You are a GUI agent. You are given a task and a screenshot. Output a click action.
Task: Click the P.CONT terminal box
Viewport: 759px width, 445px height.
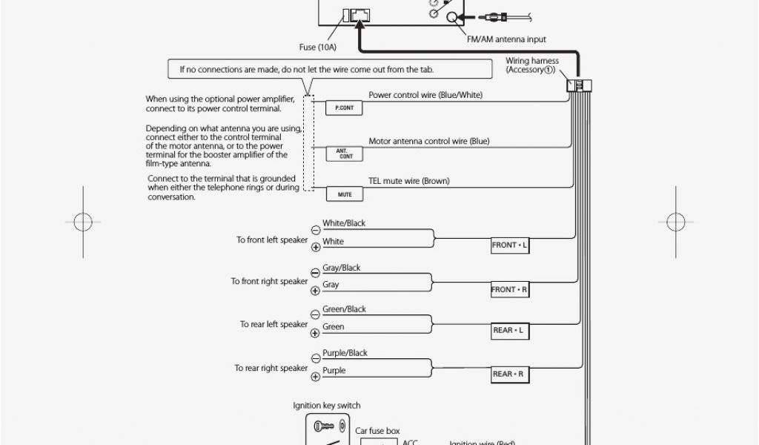(344, 108)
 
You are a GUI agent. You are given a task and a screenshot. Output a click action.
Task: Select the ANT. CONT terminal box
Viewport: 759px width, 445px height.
(344, 154)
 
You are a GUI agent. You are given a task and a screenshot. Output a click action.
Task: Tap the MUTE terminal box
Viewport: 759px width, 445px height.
(344, 194)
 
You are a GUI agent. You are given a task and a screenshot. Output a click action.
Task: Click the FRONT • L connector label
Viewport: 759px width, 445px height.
(510, 245)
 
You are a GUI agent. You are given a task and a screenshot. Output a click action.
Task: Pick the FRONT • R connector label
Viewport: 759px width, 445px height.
(510, 289)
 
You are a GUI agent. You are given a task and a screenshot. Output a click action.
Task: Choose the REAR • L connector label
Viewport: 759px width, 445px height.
(510, 331)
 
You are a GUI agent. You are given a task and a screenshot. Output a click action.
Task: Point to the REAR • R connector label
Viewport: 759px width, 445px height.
(510, 375)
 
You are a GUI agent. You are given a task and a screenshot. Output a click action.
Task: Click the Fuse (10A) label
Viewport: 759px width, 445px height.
(317, 47)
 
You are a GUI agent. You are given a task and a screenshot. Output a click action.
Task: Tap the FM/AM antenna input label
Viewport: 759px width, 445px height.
(506, 39)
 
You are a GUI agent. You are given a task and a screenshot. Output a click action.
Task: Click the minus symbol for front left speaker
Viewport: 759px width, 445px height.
(316, 230)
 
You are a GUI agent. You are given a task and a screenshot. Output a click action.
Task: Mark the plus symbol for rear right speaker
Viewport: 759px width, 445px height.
(316, 377)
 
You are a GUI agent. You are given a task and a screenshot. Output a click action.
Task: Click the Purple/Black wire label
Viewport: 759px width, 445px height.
(345, 353)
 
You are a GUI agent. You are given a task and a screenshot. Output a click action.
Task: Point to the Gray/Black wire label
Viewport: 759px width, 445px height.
(341, 268)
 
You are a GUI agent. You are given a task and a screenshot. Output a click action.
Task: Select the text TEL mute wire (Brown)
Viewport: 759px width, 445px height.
(409, 181)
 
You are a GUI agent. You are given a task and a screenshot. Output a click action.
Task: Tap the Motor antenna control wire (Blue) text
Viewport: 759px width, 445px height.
(429, 142)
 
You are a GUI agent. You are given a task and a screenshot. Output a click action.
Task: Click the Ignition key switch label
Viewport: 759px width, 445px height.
(327, 406)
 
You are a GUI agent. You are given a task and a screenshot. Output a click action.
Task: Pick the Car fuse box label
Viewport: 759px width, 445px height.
(377, 431)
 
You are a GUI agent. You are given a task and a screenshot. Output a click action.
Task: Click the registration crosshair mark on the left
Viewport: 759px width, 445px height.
(83, 222)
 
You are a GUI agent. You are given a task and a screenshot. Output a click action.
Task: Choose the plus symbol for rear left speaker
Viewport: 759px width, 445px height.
(315, 333)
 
